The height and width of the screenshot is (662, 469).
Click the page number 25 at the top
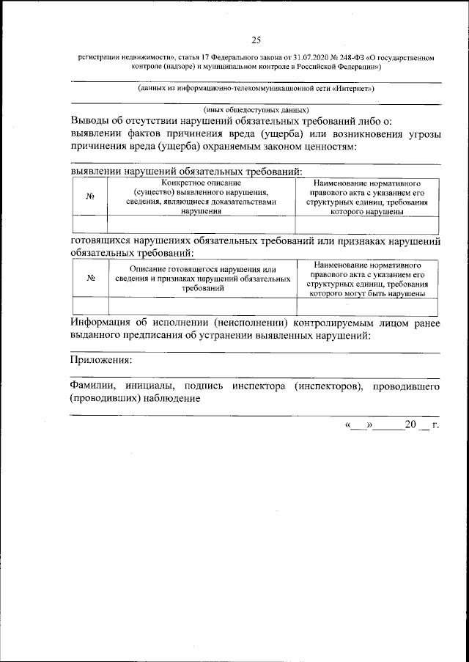coord(255,40)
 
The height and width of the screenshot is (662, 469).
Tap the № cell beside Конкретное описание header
coord(90,196)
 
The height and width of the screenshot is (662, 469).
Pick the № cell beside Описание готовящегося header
coord(92,279)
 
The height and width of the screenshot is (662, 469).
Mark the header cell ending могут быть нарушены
coord(366,279)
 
